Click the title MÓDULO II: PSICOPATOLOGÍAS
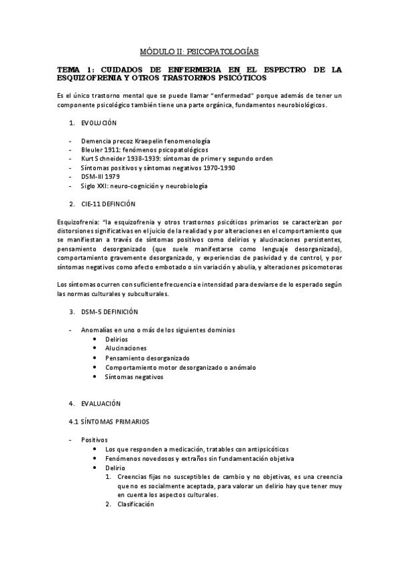coord(199,51)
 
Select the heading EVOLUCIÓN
coord(99,123)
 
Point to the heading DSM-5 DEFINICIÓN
coord(109,312)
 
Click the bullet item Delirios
coord(117,339)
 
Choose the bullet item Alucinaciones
coord(126,348)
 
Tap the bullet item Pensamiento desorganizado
coord(147,357)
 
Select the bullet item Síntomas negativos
coord(135,376)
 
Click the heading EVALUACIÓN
coord(101,403)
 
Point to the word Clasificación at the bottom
coord(135,503)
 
